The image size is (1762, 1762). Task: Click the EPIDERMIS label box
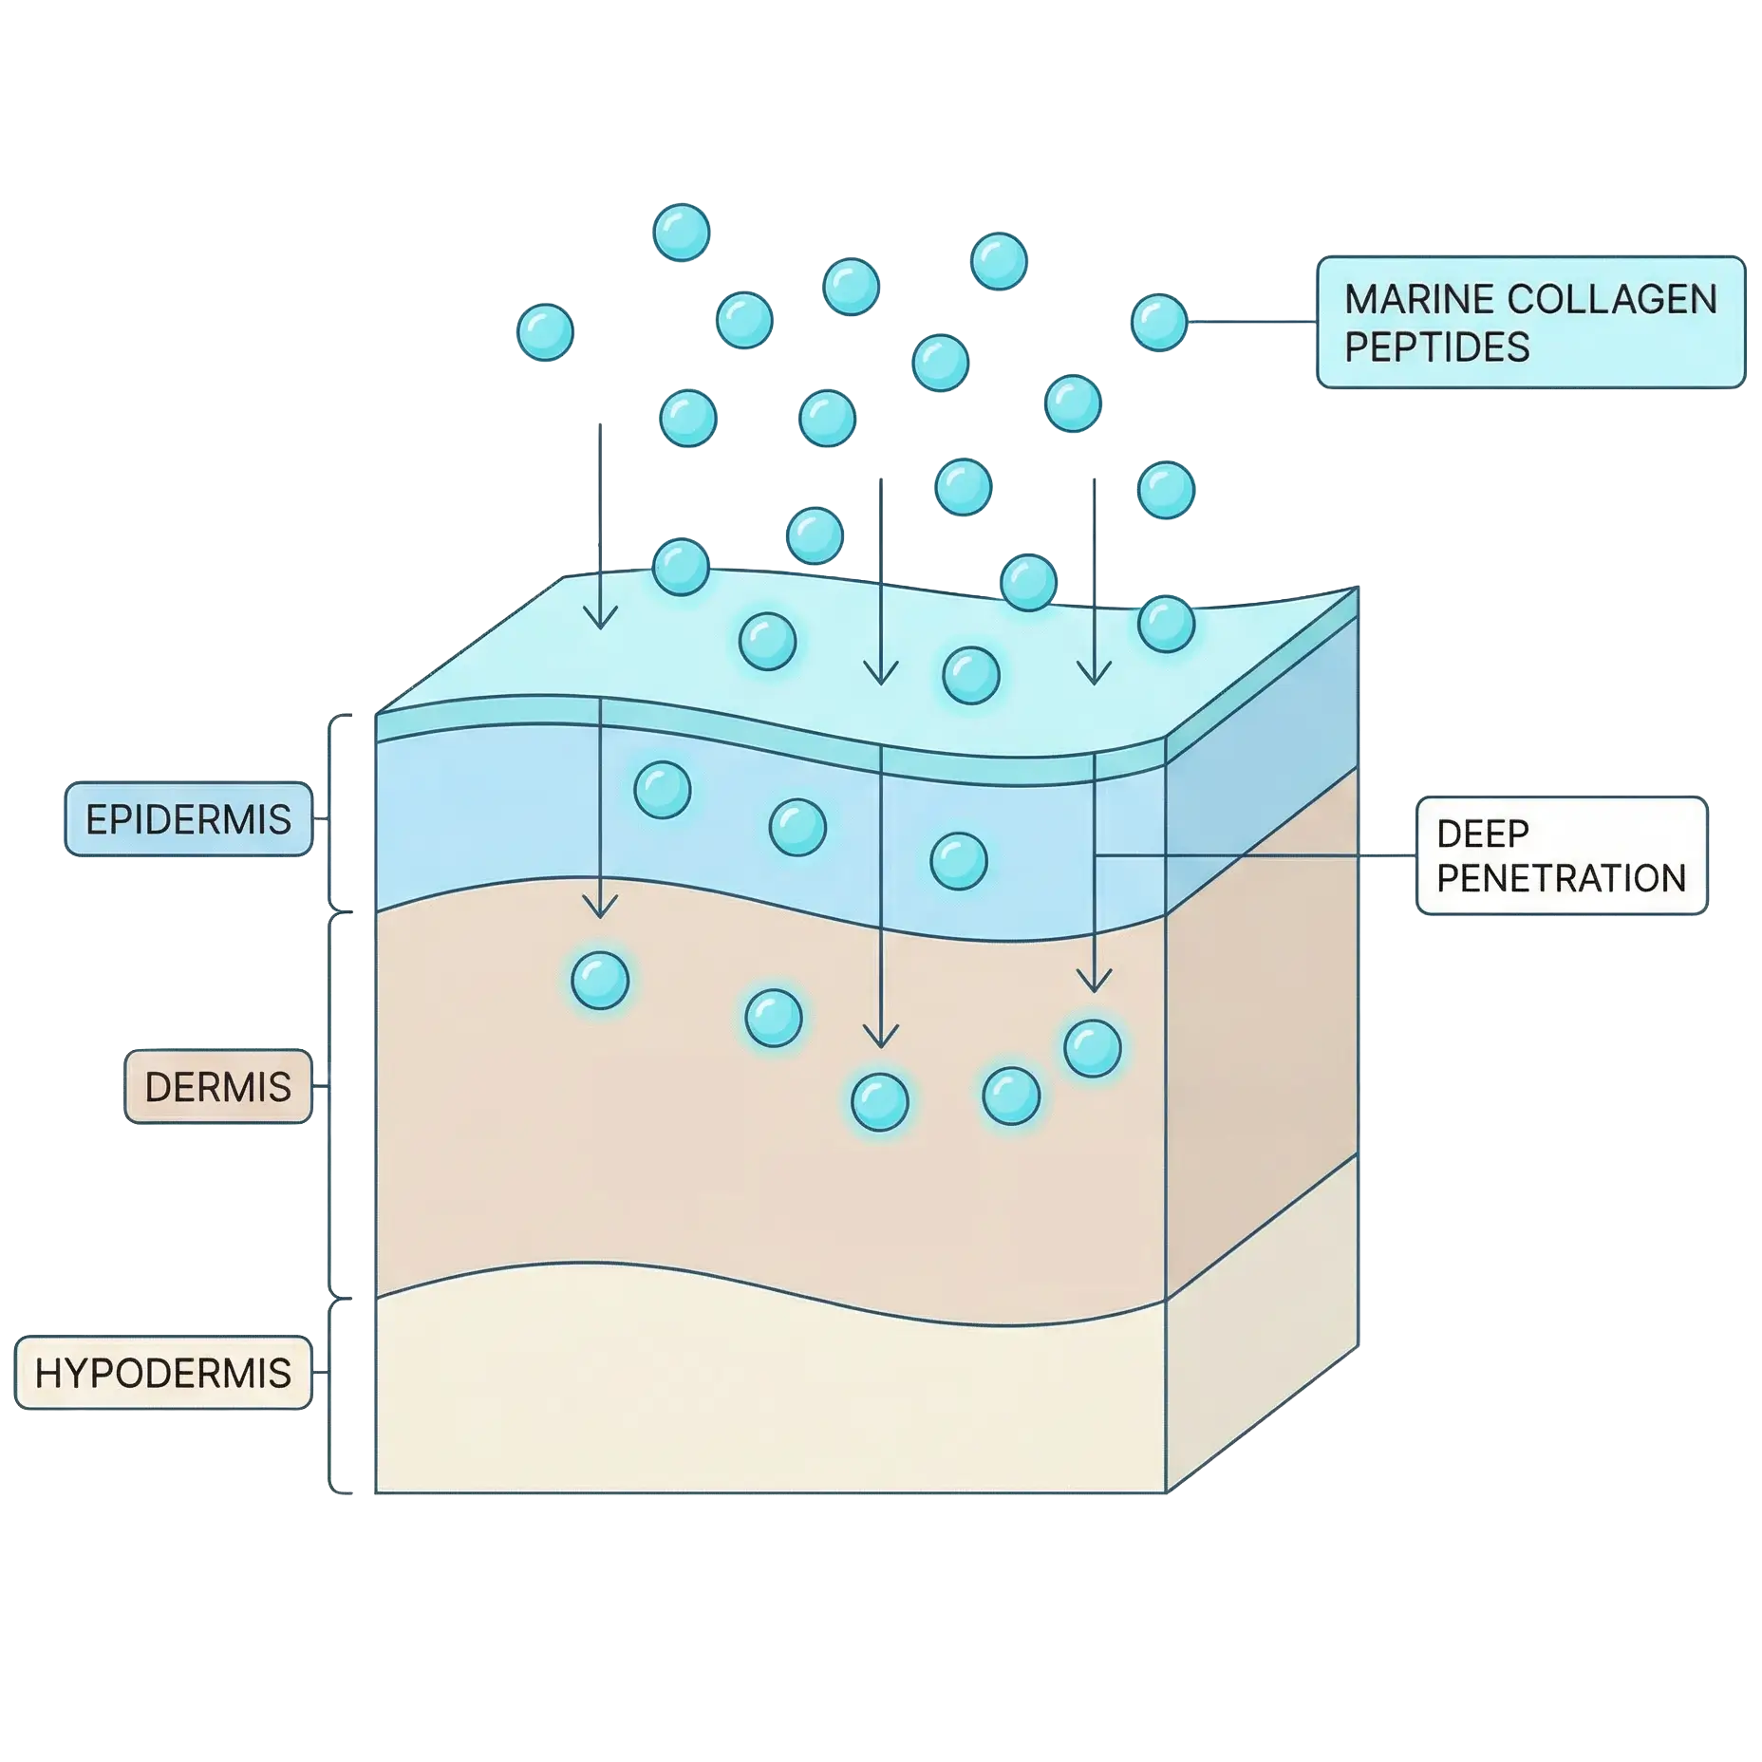188,818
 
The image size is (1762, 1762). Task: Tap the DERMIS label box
217,1086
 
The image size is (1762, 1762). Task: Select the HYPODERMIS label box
162,1373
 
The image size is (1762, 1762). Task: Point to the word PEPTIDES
1436,347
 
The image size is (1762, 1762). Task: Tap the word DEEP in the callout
1482,834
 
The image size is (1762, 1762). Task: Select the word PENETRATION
1561,878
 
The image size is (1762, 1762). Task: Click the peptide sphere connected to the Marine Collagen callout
1158,322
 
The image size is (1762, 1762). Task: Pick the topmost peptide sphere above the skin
682,232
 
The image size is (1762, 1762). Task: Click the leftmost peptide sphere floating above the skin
545,332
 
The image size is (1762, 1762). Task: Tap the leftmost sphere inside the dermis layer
600,979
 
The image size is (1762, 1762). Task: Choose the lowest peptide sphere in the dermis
880,1101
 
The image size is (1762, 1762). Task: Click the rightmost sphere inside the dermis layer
1093,1048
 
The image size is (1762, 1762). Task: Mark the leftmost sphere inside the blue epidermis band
663,790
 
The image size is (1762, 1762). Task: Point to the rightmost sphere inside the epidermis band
959,860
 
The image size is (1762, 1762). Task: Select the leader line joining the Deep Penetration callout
1253,855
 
